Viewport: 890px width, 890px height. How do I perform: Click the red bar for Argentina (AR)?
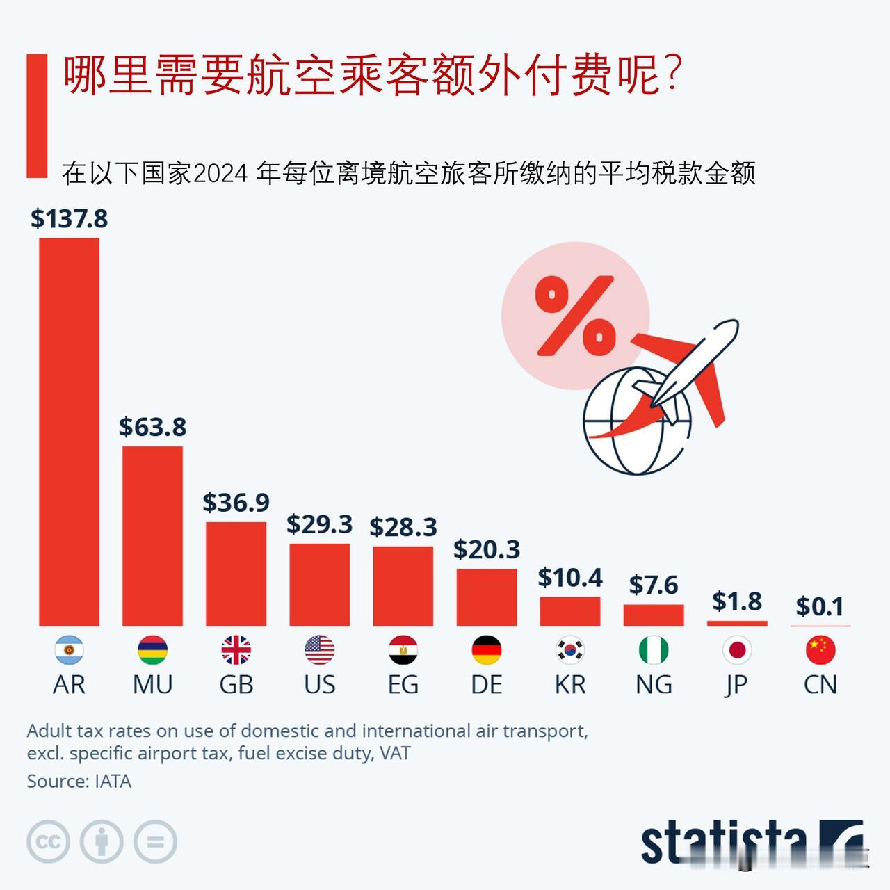(x=69, y=431)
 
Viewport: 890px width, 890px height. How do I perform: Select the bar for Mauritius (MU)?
(x=152, y=535)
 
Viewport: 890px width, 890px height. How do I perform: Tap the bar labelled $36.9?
(x=236, y=574)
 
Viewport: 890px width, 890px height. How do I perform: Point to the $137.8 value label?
(x=69, y=219)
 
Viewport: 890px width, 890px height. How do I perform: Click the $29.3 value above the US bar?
(x=319, y=524)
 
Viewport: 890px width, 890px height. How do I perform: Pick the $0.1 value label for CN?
(x=820, y=606)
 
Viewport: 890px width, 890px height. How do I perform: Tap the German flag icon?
(x=486, y=650)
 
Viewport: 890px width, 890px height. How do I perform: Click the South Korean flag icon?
(x=569, y=650)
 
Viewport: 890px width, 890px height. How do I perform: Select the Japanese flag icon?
(x=736, y=650)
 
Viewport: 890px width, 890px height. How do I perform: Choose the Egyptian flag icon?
(x=403, y=650)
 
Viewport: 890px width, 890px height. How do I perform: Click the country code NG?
(x=653, y=685)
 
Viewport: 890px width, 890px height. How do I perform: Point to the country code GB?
(x=236, y=685)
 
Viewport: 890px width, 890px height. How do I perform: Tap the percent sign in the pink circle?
(x=575, y=315)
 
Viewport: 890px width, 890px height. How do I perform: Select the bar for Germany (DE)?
(x=486, y=597)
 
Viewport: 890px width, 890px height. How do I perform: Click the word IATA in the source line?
(x=113, y=782)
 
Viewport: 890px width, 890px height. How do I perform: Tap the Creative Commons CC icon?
(x=48, y=842)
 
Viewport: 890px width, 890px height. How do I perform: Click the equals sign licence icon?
(x=155, y=842)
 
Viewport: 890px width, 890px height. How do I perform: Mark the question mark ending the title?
(x=672, y=75)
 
